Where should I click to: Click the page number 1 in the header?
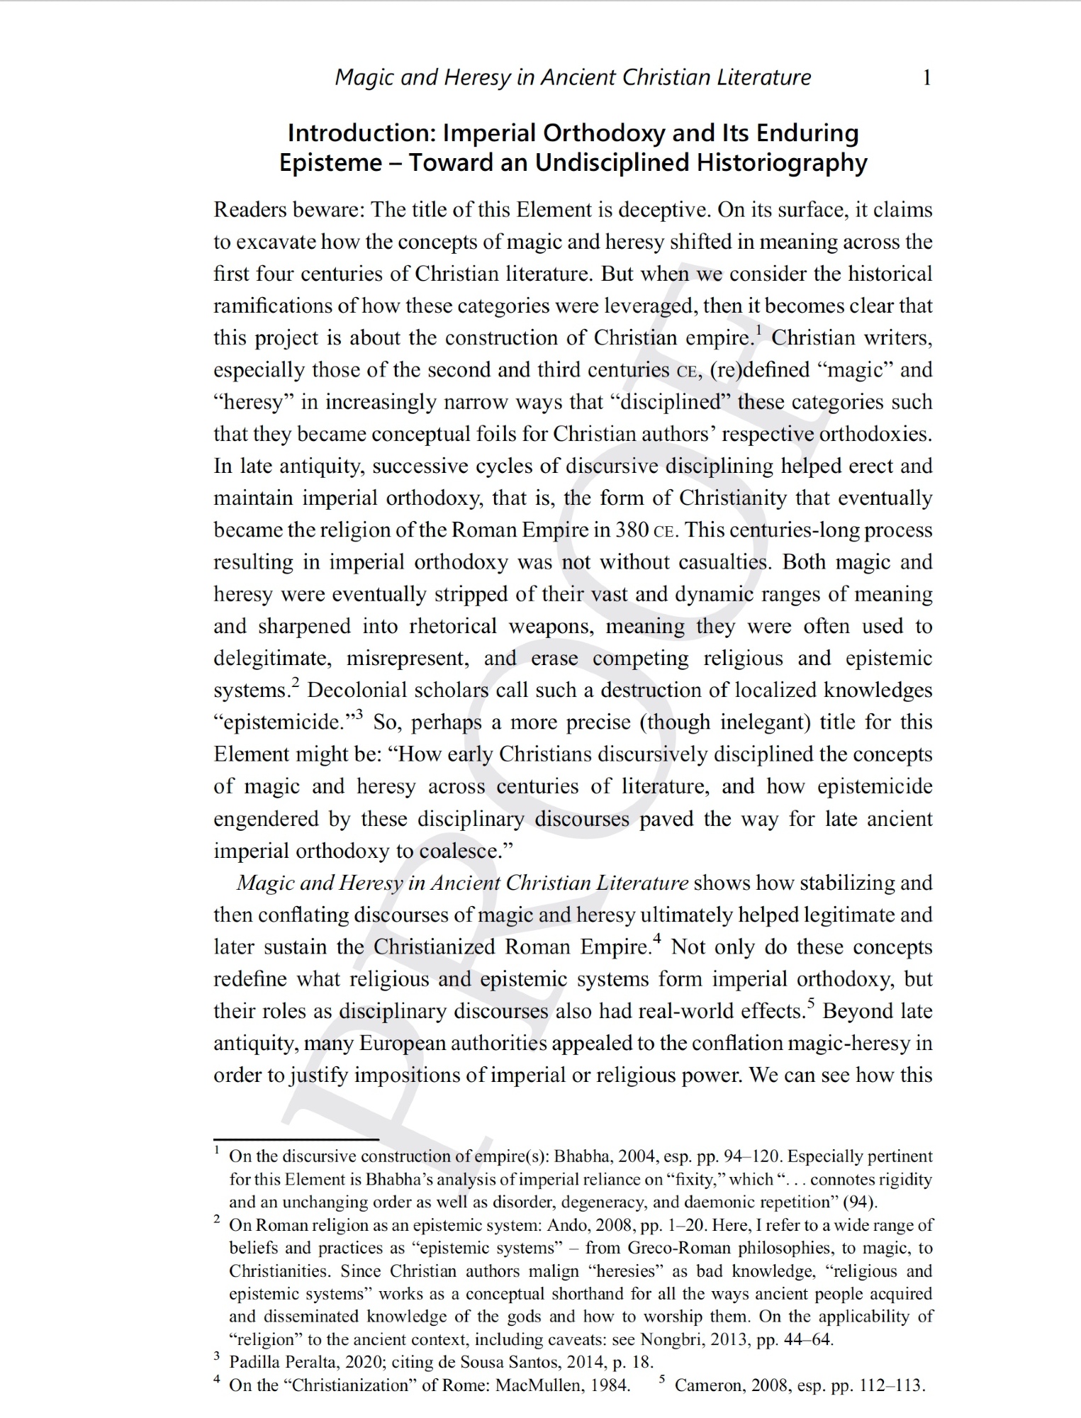[926, 77]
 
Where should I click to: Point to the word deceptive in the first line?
[663, 210]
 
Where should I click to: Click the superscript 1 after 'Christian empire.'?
[758, 330]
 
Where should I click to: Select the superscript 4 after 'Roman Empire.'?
[657, 939]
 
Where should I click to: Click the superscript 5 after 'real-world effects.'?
[811, 1003]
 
